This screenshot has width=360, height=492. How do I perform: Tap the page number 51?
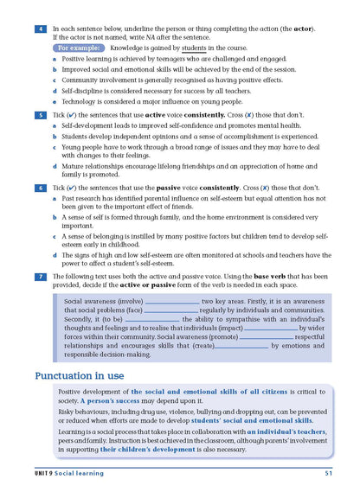click(x=330, y=473)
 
